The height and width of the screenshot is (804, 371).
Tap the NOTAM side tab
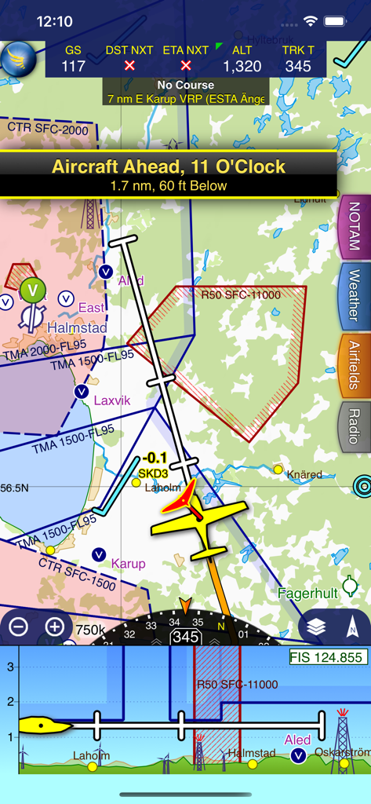354,226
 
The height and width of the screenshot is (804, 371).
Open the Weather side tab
354,295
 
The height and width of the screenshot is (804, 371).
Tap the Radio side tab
354,426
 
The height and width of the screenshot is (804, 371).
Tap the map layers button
316,627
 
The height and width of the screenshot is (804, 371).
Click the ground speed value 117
73,66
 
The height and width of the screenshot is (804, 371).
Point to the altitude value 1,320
242,66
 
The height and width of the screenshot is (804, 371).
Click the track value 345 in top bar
298,66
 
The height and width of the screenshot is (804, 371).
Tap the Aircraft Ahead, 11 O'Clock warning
169,174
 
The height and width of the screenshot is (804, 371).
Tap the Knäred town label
304,474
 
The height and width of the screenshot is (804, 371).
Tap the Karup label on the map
128,563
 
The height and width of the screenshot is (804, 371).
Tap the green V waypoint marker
33,291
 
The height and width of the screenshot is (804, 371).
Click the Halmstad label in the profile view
251,754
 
